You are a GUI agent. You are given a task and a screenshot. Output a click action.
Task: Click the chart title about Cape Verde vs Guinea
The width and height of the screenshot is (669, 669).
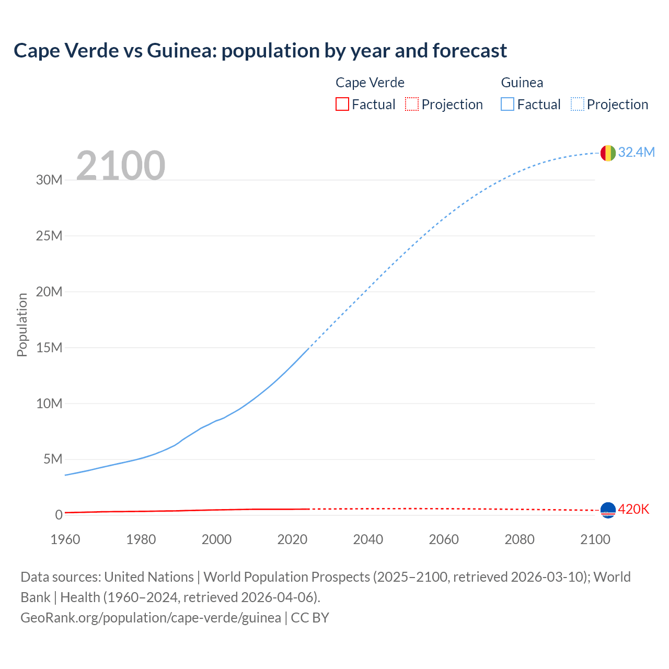pyautogui.click(x=260, y=51)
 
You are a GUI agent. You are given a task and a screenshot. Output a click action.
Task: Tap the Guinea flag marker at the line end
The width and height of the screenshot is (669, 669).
pyautogui.click(x=608, y=153)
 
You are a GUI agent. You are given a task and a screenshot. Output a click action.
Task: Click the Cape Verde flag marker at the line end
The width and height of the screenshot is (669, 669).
pyautogui.click(x=608, y=510)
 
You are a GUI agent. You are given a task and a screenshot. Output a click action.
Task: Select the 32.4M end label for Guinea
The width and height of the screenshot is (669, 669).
pyautogui.click(x=636, y=152)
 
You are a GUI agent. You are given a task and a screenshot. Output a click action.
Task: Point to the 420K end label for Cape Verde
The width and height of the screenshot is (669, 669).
pyautogui.click(x=633, y=509)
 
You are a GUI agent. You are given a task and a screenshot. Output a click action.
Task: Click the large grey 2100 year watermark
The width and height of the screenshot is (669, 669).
pyautogui.click(x=121, y=166)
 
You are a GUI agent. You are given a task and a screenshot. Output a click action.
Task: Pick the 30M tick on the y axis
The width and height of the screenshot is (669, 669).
pyautogui.click(x=49, y=180)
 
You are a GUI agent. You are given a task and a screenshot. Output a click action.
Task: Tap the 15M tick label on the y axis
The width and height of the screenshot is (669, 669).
pyautogui.click(x=49, y=348)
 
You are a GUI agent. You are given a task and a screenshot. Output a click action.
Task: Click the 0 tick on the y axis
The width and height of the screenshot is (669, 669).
pyautogui.click(x=59, y=515)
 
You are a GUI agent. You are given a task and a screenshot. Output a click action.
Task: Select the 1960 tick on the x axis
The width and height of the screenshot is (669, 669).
pyautogui.click(x=65, y=539)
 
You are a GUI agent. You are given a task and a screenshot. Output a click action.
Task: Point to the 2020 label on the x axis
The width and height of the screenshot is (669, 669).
pyautogui.click(x=292, y=539)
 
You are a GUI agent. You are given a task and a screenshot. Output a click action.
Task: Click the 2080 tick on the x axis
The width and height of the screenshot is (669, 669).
pyautogui.click(x=520, y=539)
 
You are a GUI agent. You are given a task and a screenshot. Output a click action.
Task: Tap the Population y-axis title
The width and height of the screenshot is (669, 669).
pyautogui.click(x=22, y=325)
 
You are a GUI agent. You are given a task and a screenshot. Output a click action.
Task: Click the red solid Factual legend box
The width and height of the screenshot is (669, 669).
pyautogui.click(x=342, y=104)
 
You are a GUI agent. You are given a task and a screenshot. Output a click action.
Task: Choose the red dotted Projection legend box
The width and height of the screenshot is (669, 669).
pyautogui.click(x=412, y=104)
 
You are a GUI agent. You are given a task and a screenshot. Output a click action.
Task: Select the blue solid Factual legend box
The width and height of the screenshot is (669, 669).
pyautogui.click(x=507, y=104)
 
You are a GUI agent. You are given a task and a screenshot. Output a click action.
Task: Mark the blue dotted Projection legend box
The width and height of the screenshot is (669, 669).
pyautogui.click(x=578, y=104)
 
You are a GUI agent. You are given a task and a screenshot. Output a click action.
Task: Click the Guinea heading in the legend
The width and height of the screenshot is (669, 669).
pyautogui.click(x=522, y=83)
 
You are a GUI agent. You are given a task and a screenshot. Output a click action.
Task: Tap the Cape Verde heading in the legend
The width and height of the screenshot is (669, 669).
pyautogui.click(x=370, y=83)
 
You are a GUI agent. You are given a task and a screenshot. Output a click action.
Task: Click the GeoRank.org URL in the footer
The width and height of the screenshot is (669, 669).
pyautogui.click(x=151, y=618)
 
